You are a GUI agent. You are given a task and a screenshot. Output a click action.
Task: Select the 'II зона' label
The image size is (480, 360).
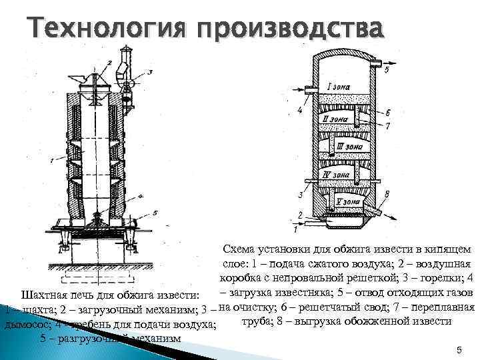click(x=333, y=119)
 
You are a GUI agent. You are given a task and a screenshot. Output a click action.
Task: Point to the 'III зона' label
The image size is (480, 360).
click(x=349, y=146)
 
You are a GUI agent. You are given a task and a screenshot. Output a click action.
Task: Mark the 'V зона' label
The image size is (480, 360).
click(x=348, y=201)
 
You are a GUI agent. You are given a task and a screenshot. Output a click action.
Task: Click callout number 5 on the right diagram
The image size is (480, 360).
click(x=388, y=70)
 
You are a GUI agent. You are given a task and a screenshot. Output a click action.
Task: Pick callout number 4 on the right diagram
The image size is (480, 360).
click(x=299, y=110)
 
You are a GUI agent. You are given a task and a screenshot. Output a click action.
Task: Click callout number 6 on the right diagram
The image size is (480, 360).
click(x=387, y=113)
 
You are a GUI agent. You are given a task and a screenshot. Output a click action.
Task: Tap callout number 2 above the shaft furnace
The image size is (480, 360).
click(x=109, y=62)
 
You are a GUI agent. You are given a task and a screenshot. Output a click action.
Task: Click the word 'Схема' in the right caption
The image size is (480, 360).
click(x=243, y=249)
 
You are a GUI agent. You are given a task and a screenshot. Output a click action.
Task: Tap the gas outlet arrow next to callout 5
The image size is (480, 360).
click(x=381, y=66)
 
